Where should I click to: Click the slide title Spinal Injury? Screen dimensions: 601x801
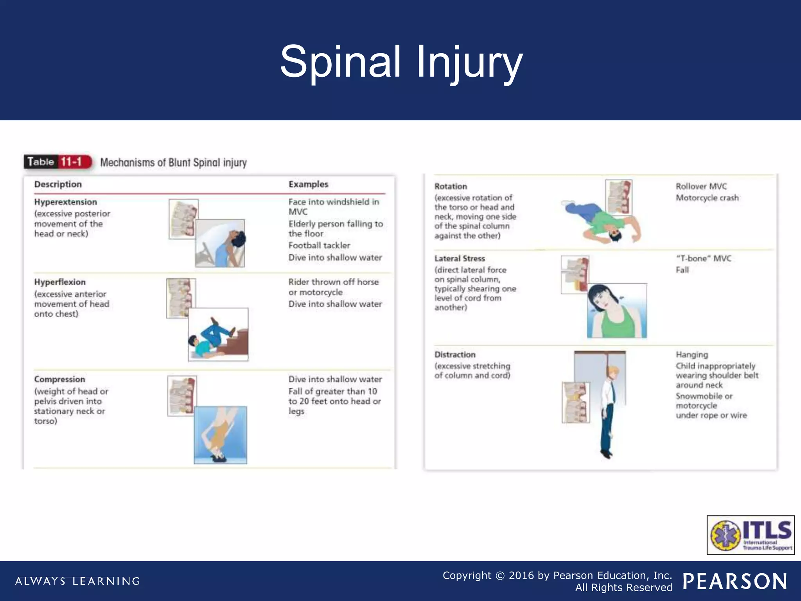401,62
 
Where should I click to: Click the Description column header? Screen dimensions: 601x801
58,184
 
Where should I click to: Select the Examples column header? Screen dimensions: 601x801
308,184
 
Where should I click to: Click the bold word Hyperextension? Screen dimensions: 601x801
65,202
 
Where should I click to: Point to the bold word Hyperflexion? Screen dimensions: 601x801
60,282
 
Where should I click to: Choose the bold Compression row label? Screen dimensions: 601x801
59,379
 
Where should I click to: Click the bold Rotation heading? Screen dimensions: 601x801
451,186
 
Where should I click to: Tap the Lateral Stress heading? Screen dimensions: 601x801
460,259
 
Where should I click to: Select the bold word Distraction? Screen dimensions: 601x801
455,354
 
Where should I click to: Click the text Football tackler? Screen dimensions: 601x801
319,245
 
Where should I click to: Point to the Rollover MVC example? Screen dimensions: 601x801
701,186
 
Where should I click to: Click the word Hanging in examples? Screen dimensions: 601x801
691,354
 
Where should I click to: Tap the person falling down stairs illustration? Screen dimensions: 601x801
218,335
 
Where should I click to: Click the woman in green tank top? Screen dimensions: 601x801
616,311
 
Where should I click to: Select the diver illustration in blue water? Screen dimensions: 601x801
220,435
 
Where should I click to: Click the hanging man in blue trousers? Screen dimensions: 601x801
609,411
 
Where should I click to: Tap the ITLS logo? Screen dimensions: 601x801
751,535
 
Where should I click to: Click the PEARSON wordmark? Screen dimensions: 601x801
735,581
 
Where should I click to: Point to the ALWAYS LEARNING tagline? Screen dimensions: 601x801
77,581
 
